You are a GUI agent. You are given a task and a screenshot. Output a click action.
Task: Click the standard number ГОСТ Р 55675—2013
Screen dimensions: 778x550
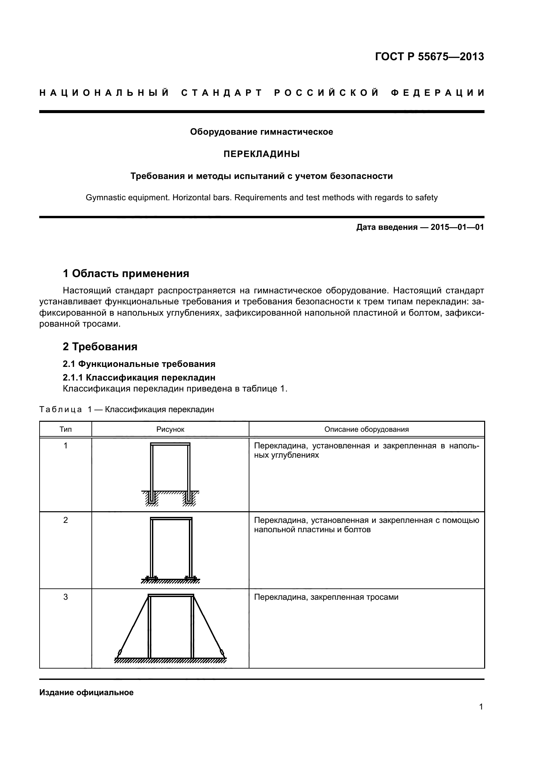coord(429,57)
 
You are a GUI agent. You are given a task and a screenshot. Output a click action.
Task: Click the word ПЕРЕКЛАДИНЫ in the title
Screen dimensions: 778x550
coord(261,154)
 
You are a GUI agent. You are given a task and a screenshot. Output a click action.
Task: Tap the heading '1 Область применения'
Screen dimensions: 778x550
coord(126,273)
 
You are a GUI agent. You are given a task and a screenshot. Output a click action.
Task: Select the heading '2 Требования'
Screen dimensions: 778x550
coord(100,346)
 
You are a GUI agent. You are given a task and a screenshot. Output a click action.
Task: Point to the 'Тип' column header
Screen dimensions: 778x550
coord(66,429)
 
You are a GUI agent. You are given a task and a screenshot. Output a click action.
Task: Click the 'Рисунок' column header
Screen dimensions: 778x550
coord(170,429)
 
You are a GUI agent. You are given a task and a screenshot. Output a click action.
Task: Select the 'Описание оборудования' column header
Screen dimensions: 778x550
coord(366,429)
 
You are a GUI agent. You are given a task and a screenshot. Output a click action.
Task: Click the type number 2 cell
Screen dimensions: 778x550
coord(66,520)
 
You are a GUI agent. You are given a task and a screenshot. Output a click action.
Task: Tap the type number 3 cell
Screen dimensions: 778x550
coord(66,597)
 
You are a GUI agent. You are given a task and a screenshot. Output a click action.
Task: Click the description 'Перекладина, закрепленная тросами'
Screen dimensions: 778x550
coord(326,597)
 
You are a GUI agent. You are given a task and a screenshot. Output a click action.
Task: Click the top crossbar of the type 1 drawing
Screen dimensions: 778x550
coord(170,444)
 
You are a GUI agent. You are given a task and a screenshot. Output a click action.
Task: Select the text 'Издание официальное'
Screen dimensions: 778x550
coord(86,693)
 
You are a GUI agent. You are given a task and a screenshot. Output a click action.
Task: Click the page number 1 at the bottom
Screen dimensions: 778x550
coord(481,707)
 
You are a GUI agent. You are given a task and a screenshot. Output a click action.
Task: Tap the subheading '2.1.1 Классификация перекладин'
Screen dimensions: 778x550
coord(139,378)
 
